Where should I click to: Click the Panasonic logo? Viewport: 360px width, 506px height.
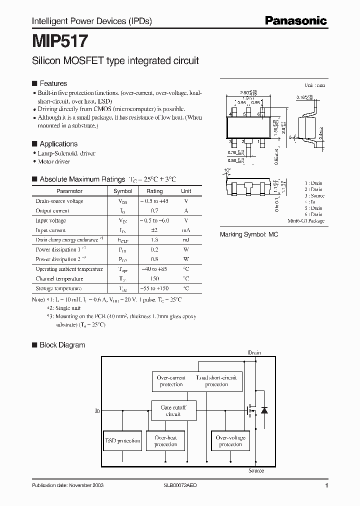point(295,21)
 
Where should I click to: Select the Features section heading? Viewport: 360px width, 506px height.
point(53,83)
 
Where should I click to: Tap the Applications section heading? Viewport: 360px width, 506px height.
point(58,143)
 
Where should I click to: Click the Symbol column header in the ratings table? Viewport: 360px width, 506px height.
point(122,191)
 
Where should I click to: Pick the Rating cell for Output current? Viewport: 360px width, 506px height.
point(154,211)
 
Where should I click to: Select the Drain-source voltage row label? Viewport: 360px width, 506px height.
point(59,201)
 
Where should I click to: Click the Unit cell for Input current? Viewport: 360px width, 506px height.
point(185,230)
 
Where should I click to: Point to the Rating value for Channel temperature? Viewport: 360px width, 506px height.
point(154,278)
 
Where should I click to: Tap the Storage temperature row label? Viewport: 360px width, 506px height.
point(58,288)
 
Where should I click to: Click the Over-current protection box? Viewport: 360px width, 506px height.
point(171,381)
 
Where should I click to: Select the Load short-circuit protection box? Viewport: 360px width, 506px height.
point(216,381)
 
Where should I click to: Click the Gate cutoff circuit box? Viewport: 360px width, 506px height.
point(173,410)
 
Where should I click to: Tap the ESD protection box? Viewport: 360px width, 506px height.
point(122,440)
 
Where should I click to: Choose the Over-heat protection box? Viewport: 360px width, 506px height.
point(165,440)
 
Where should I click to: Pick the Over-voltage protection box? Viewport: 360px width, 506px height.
point(230,440)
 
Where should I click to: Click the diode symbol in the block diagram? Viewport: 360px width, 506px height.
point(264,410)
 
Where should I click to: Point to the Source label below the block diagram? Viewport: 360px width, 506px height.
point(256,470)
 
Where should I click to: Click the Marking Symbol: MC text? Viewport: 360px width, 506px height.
point(249,234)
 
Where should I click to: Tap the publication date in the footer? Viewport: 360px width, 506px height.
point(68,486)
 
